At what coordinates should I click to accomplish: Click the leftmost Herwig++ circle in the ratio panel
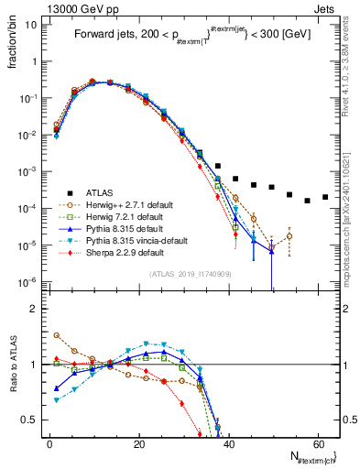[57, 335]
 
